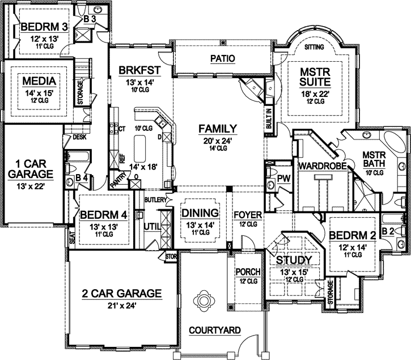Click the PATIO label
222,58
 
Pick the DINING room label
200,213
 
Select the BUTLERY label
154,200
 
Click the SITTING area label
315,47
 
